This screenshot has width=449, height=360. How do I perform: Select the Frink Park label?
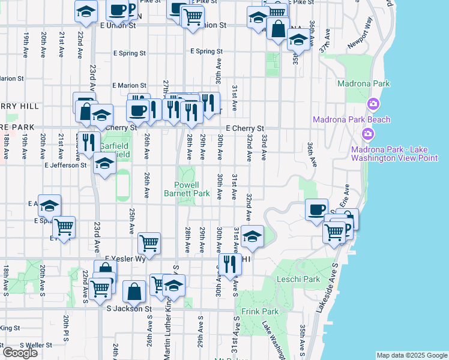260,312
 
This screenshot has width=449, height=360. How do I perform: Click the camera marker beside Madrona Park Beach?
373,104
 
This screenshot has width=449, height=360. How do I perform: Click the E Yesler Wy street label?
125,259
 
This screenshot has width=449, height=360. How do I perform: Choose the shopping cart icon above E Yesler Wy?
149,243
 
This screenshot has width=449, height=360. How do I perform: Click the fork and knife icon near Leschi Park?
230,264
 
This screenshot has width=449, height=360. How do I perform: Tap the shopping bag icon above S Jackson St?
134,292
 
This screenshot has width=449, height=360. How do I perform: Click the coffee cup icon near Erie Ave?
316,209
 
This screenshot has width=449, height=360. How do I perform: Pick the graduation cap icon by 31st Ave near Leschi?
253,236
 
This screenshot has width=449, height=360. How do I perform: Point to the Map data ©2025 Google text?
412,355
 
